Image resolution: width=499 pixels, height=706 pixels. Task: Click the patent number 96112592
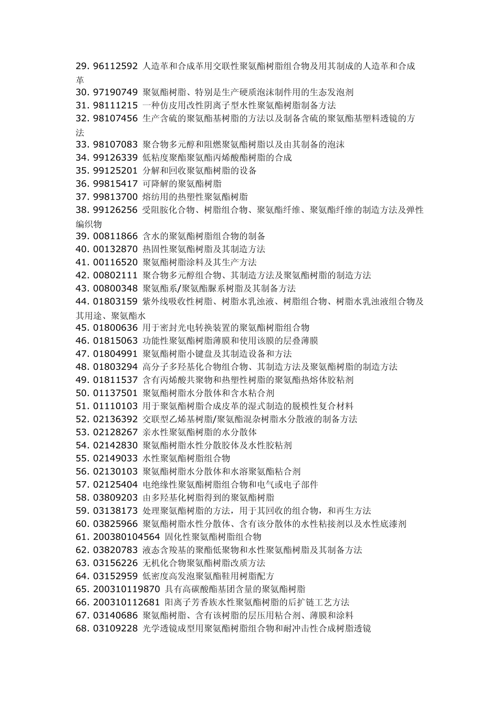[115, 66]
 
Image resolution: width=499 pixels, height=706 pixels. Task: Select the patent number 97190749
[115, 92]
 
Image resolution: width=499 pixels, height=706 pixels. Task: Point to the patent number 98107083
[115, 144]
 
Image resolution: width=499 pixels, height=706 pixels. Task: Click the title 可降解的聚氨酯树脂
[182, 184]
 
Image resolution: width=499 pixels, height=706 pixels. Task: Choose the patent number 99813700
[115, 197]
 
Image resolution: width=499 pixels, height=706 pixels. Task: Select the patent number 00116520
[115, 262]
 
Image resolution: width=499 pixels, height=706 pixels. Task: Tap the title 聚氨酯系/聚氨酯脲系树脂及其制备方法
[219, 288]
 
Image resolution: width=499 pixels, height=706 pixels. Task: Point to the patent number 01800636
[115, 328]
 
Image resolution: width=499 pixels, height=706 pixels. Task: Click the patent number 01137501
[115, 393]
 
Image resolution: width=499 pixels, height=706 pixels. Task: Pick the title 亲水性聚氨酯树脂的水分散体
[200, 432]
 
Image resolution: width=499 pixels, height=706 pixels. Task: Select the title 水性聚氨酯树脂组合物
[186, 459]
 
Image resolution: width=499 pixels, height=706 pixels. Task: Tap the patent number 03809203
[115, 497]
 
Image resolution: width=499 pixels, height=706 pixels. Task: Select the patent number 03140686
[115, 615]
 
